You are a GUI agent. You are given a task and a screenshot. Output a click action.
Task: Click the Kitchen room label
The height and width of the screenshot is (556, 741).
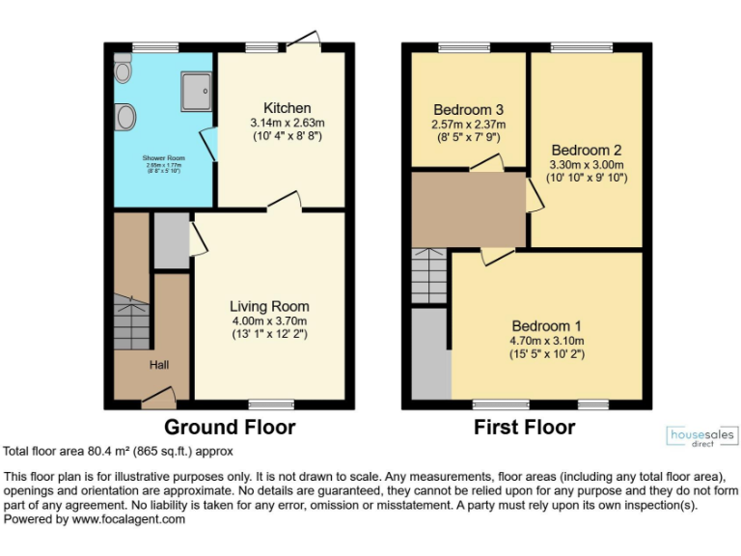click(x=288, y=107)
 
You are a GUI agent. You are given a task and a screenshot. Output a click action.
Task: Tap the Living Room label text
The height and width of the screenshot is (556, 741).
click(x=269, y=306)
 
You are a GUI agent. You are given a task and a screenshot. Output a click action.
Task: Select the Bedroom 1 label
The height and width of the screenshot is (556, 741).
click(x=547, y=325)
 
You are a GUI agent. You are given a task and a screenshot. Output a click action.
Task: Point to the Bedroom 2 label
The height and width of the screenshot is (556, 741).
click(x=586, y=150)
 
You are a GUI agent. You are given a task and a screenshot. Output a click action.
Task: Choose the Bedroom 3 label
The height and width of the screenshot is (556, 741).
click(x=468, y=109)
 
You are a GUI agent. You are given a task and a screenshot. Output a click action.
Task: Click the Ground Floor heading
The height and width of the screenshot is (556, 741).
click(x=230, y=427)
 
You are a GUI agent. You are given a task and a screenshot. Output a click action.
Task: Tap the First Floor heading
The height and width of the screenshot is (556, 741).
click(x=524, y=427)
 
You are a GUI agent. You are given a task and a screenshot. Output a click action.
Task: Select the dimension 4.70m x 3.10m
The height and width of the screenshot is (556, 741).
click(x=547, y=341)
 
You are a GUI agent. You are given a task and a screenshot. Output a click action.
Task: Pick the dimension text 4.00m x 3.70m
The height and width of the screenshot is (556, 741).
click(x=269, y=321)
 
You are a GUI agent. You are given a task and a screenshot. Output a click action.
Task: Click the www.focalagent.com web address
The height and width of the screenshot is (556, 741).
click(x=125, y=518)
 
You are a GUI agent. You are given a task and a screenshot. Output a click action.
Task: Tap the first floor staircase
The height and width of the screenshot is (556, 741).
click(x=429, y=276)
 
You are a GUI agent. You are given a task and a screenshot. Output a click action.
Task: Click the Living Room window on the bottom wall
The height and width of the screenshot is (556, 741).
click(x=271, y=403)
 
